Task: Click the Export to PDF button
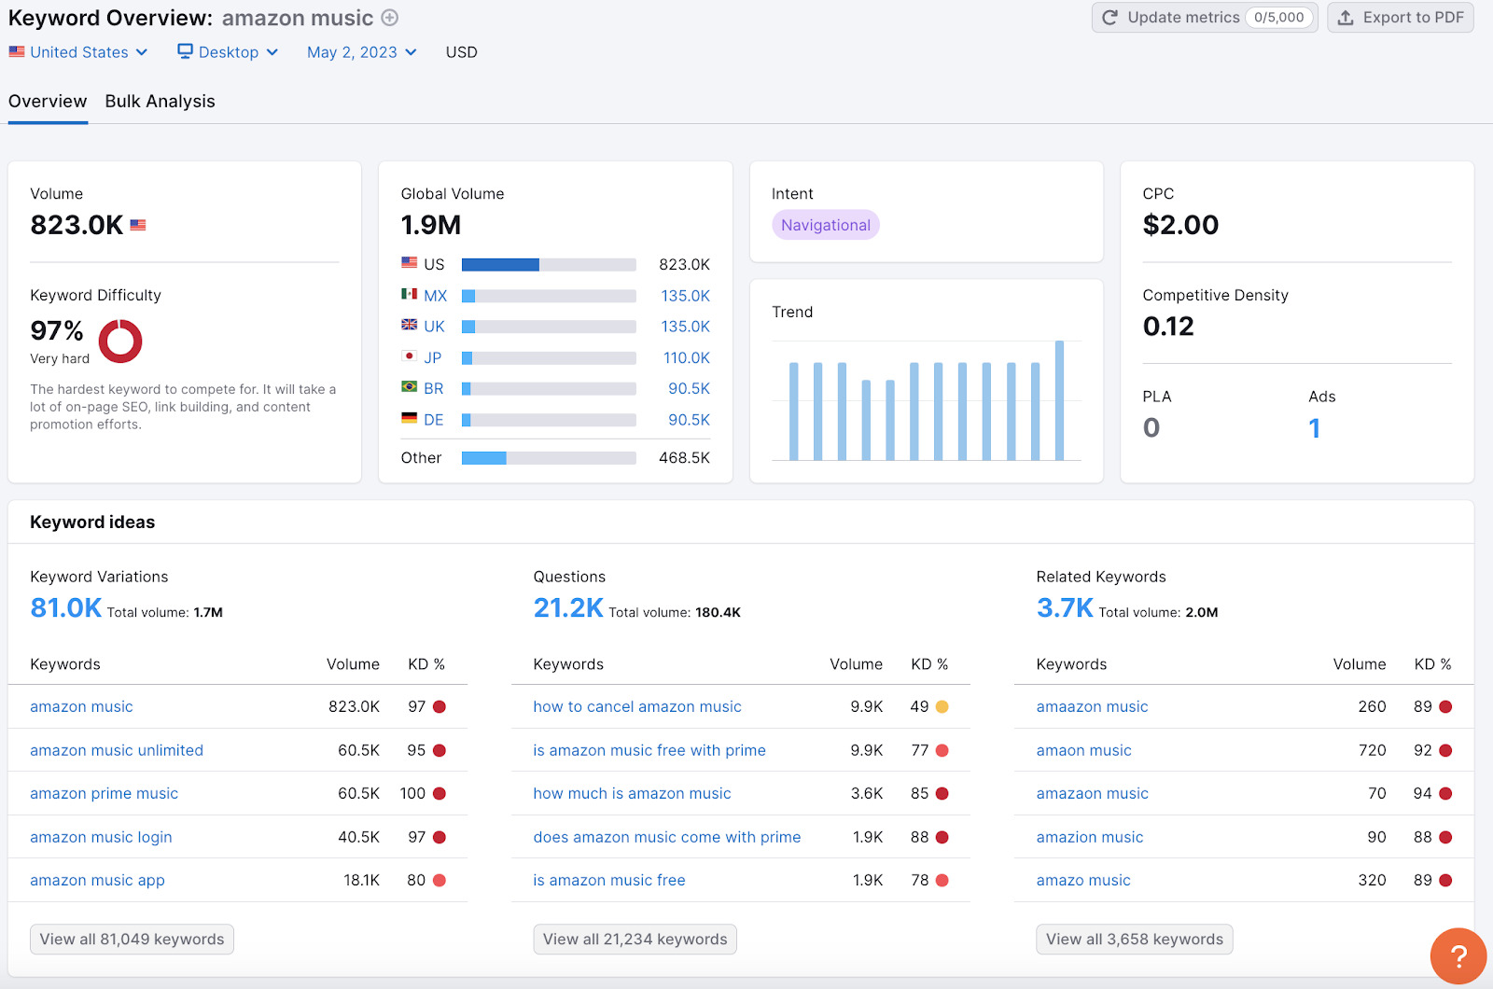[1400, 18]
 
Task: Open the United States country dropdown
[79, 52]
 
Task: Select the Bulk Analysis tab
[160, 102]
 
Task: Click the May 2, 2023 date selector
[361, 52]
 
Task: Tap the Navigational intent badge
[825, 225]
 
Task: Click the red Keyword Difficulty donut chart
[120, 341]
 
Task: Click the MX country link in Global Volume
[435, 296]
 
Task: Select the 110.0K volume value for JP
[686, 358]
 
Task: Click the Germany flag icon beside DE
[409, 419]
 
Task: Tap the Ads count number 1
[1314, 428]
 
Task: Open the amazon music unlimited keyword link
[117, 750]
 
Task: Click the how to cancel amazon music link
[636, 707]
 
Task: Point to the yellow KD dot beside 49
[942, 707]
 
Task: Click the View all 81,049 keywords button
[132, 940]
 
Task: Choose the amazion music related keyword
[1089, 838]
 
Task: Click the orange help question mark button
[1458, 956]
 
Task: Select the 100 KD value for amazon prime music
[412, 794]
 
